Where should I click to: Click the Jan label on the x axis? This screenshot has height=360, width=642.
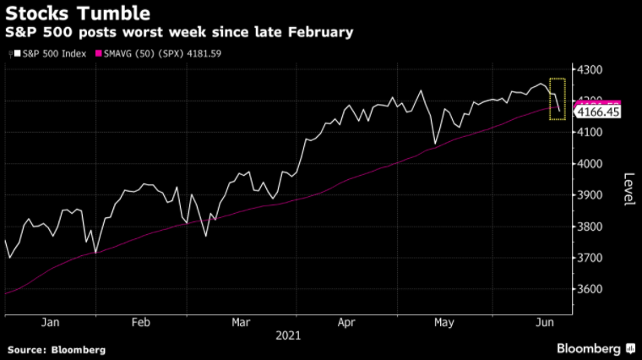click(50, 322)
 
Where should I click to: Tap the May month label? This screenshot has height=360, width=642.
click(444, 322)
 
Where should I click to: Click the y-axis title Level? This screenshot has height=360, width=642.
click(628, 188)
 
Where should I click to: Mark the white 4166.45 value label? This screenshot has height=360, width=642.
click(598, 112)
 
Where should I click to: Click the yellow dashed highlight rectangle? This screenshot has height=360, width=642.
click(558, 99)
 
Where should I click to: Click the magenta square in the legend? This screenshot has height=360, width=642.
click(98, 54)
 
